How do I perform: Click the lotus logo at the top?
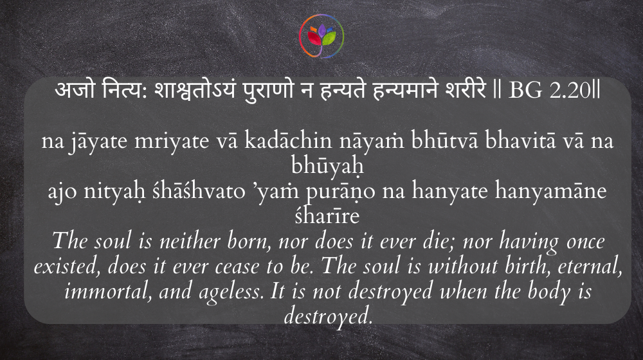321,36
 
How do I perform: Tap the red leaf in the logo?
314,39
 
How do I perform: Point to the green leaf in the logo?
329,38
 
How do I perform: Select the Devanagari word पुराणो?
269,90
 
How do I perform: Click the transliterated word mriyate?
172,141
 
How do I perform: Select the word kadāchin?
288,141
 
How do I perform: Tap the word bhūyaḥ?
328,166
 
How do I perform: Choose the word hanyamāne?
551,192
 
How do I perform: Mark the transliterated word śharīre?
327,216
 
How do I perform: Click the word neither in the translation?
190,241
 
